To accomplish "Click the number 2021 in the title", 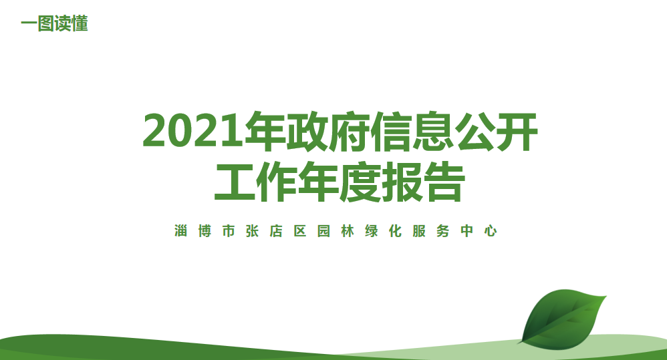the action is tap(194, 130).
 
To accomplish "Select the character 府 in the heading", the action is tap(350, 131).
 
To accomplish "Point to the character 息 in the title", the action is tap(434, 131).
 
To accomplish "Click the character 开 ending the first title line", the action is tap(517, 131).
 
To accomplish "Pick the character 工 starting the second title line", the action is tap(235, 182).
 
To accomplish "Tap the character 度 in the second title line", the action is tap(360, 182).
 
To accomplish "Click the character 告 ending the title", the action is tap(444, 182).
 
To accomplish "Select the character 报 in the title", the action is tap(402, 182).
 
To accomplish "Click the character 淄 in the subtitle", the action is tap(181, 231).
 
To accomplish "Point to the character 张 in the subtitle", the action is tap(252, 231).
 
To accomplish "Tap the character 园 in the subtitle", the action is tap(323, 231).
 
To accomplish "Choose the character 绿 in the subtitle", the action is tap(372, 231).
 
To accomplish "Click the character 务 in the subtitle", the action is tap(443, 231).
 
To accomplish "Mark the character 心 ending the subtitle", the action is tap(491, 231).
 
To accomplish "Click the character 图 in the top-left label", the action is tap(45, 23).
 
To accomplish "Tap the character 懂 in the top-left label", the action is tap(80, 23).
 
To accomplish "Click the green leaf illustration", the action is tap(562, 319).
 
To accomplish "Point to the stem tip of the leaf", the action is tap(518, 343).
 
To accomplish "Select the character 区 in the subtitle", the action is tap(300, 231).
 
